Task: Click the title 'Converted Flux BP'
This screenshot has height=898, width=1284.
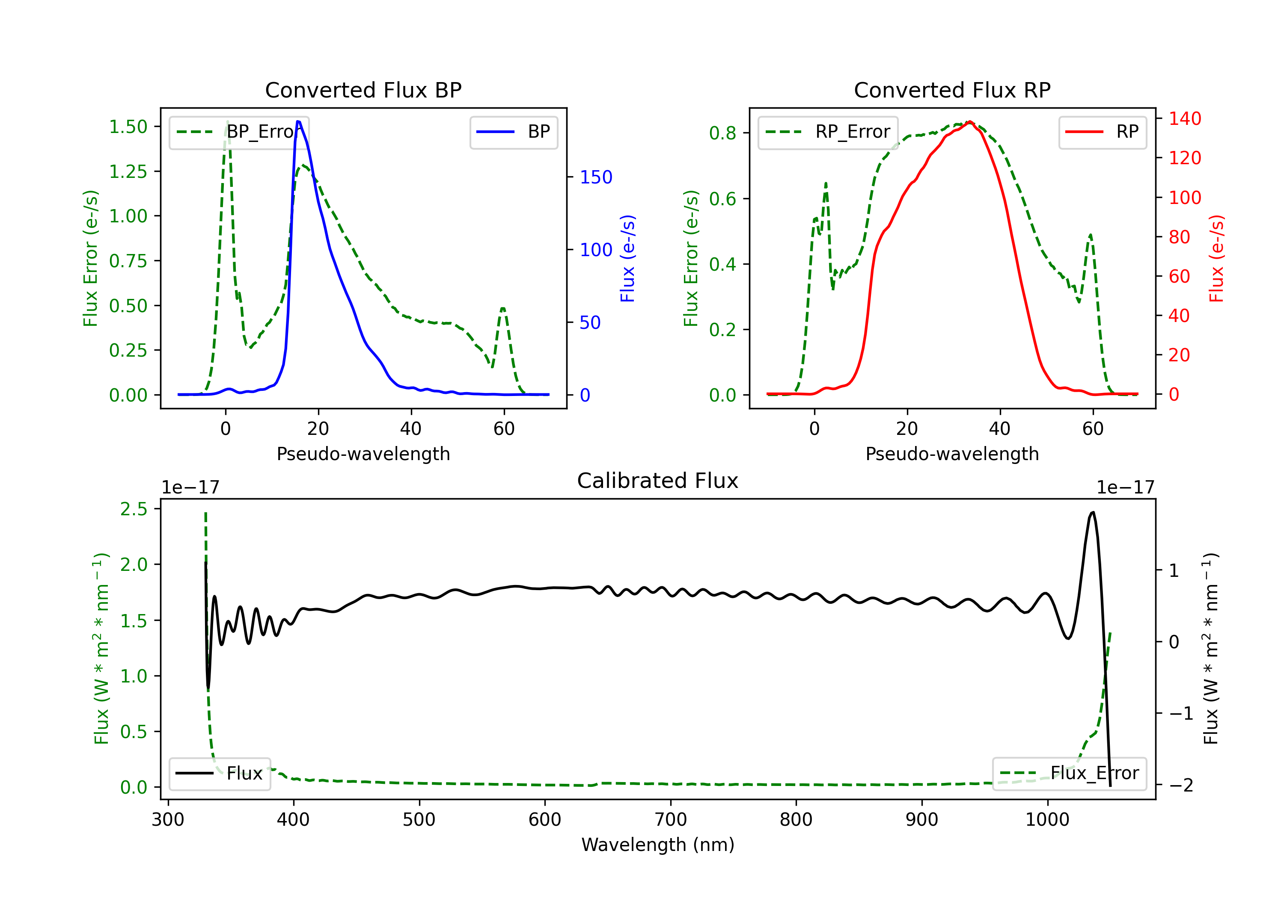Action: click(x=363, y=90)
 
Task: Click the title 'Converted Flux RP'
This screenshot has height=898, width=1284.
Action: click(x=952, y=90)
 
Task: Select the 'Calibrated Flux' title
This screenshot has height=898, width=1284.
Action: click(x=658, y=481)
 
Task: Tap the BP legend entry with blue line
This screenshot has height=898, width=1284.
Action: click(x=513, y=132)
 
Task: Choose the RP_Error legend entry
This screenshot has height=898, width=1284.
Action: click(x=828, y=132)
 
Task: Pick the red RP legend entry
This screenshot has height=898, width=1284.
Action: click(x=1102, y=132)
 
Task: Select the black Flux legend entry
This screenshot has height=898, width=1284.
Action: click(x=219, y=774)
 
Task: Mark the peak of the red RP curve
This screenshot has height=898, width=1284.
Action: click(x=970, y=122)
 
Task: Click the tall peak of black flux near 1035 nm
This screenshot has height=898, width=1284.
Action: click(x=1093, y=512)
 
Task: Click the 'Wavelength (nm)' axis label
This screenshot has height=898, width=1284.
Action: click(x=658, y=845)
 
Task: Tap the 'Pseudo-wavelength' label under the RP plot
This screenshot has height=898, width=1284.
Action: click(x=952, y=454)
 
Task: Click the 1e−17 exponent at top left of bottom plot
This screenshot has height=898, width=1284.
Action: click(x=190, y=487)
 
